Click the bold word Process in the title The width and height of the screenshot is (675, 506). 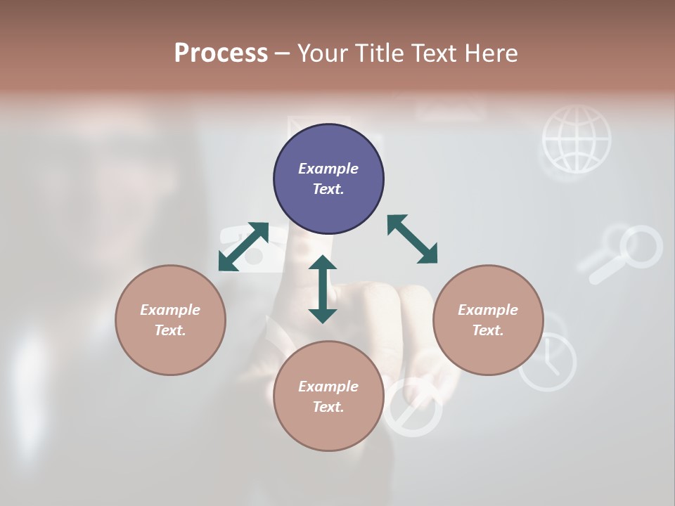tap(221, 53)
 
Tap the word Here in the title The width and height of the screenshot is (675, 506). tap(489, 53)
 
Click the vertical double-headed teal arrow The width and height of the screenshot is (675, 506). tap(323, 289)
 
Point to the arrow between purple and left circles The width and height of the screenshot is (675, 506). tap(243, 246)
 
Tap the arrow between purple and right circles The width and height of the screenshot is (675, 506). tap(412, 239)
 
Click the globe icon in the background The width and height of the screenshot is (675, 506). tap(577, 139)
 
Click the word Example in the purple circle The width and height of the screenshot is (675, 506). tap(328, 169)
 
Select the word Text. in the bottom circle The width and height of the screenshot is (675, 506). tap(328, 407)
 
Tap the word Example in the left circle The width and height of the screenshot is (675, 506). tap(170, 310)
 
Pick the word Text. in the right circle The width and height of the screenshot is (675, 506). tap(488, 330)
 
